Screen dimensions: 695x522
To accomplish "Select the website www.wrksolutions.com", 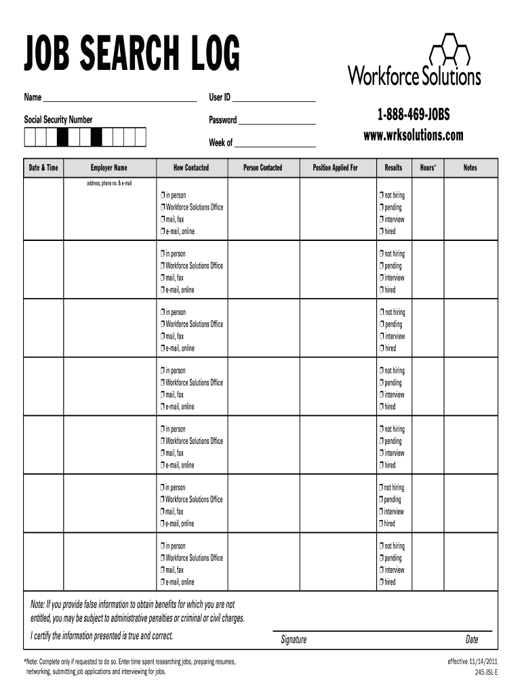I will [x=413, y=136].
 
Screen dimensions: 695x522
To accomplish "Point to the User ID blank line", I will [x=274, y=100].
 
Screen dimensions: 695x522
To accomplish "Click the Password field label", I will [x=222, y=120].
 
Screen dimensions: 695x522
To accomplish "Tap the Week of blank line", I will [x=275, y=145].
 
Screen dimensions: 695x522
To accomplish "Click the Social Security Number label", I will [x=58, y=120].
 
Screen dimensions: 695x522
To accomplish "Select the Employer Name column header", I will [x=108, y=168].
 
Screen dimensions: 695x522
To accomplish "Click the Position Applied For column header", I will [x=335, y=168].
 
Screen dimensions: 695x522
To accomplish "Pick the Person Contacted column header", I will [x=262, y=168].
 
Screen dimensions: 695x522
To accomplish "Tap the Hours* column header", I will [x=428, y=168].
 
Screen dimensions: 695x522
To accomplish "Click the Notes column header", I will [x=470, y=168].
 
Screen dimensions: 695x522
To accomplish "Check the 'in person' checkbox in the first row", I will [x=163, y=195].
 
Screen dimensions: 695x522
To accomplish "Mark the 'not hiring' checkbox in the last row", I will [x=382, y=546].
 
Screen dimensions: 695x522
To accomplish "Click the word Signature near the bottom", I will [x=294, y=639].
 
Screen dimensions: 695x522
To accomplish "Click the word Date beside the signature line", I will [x=472, y=639].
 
